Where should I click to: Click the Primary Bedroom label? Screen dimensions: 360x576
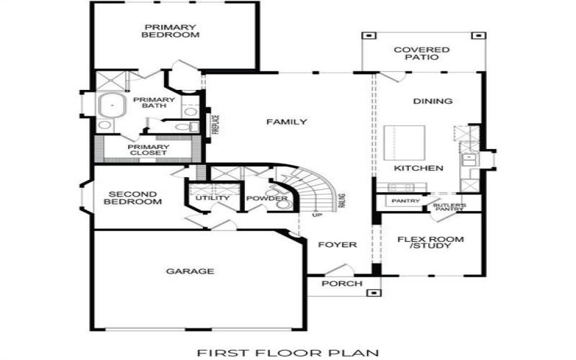tap(170, 31)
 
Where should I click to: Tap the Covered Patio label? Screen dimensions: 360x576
tap(422, 54)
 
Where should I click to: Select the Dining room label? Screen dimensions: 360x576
tap(433, 102)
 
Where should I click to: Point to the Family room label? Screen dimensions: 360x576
tap(287, 122)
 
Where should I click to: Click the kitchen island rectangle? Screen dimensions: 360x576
tap(405, 143)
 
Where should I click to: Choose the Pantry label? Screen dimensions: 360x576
tap(406, 201)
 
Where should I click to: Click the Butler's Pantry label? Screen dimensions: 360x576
tap(449, 207)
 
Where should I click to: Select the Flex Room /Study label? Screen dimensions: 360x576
tap(432, 242)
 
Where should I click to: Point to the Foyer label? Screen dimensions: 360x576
tap(338, 245)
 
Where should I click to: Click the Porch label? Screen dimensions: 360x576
tap(342, 284)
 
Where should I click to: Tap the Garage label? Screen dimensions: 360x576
tap(190, 271)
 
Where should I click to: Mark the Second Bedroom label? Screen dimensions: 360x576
tap(133, 197)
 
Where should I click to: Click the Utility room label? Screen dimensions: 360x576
tap(213, 198)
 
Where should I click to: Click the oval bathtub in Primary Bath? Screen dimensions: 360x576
tap(111, 104)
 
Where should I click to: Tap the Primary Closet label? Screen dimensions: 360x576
tap(148, 149)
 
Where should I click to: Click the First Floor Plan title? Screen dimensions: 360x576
tap(287, 352)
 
